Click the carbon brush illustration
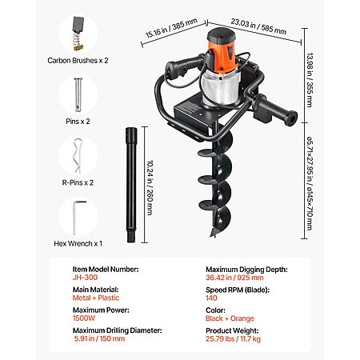(x=78, y=34)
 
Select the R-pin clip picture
(x=78, y=155)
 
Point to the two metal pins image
(x=78, y=94)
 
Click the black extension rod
(x=131, y=185)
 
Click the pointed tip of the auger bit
(x=212, y=236)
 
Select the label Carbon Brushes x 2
(x=78, y=61)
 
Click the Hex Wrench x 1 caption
(x=78, y=243)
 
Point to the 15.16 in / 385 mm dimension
(x=171, y=28)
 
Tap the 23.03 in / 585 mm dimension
(x=258, y=26)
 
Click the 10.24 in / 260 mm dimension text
(x=150, y=187)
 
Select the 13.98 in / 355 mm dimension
(x=310, y=80)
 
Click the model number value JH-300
(x=85, y=278)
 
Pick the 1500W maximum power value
(x=84, y=318)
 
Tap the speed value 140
(x=211, y=298)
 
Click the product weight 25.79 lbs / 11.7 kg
(x=233, y=339)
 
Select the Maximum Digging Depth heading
(x=246, y=270)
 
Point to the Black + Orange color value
(x=230, y=318)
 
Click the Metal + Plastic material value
(x=96, y=298)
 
